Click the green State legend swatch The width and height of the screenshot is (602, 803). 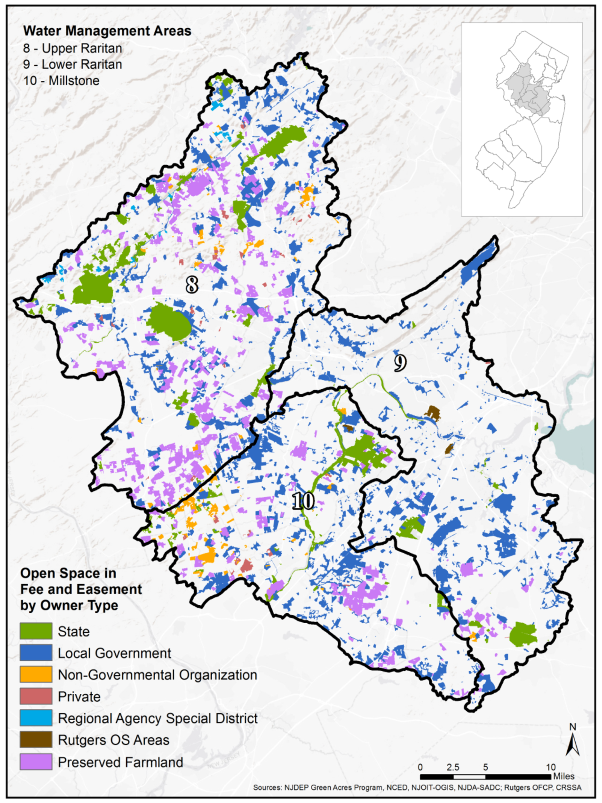36,631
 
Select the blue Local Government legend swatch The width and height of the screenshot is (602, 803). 36,653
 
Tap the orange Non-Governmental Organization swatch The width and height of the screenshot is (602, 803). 36,675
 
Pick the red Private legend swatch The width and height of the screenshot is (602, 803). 36,696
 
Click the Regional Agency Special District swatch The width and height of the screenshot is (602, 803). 36,718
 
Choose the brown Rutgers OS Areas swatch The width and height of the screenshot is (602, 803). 36,739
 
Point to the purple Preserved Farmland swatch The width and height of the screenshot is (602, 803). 36,762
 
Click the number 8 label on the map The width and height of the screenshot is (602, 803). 191,285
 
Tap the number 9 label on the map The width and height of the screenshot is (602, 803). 400,363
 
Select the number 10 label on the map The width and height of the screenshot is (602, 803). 303,501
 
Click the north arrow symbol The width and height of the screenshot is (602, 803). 572,744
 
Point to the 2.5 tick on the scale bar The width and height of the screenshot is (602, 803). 452,768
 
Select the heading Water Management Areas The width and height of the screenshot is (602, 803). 107,31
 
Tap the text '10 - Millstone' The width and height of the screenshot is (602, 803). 61,80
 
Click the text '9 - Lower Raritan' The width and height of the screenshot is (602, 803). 72,64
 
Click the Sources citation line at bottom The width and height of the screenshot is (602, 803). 417,787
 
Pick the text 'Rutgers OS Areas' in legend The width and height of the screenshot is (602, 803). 113,740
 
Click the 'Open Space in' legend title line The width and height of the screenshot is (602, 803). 68,573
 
